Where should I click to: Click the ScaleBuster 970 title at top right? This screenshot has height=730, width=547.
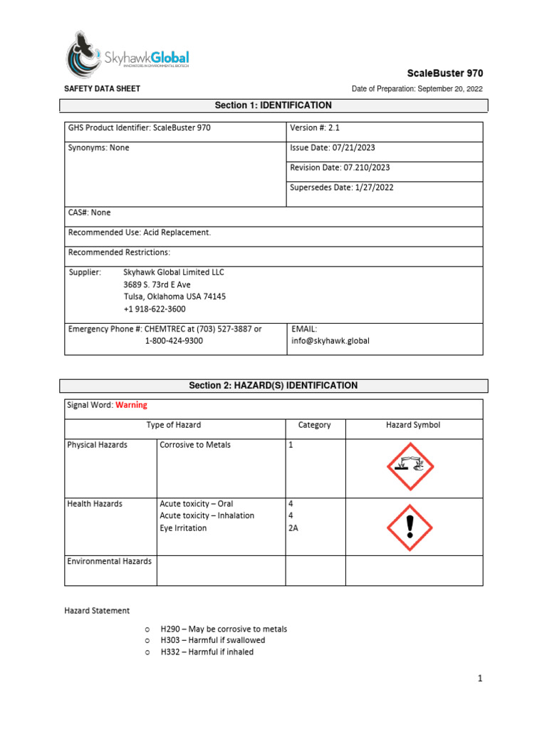coord(444,73)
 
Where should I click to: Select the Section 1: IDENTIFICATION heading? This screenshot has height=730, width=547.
coord(273,106)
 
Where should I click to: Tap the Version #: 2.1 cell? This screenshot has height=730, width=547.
coord(313,128)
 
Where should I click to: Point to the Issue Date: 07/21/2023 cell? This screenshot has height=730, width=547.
coord(333,148)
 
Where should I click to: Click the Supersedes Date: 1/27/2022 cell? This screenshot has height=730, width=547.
coord(342,187)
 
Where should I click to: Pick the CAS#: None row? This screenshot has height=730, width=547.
coord(90,212)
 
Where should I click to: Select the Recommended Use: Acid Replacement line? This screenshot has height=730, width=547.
coord(140,232)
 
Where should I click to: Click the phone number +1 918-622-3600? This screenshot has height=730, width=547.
coord(155,309)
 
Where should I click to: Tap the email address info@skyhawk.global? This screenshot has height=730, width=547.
coord(330,341)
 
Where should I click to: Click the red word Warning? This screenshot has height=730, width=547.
coord(131,405)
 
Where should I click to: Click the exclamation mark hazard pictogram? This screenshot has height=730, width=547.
coord(410,528)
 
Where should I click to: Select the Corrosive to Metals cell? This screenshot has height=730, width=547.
coord(195,445)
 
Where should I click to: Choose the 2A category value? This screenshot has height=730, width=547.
coord(293,528)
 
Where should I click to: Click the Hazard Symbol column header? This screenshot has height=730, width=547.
coord(413,425)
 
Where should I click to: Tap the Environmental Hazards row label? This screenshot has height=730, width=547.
coord(110,561)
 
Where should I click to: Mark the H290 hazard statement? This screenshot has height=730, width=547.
coord(224,629)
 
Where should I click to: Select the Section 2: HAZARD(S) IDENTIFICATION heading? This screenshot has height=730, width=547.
coord(273,386)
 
